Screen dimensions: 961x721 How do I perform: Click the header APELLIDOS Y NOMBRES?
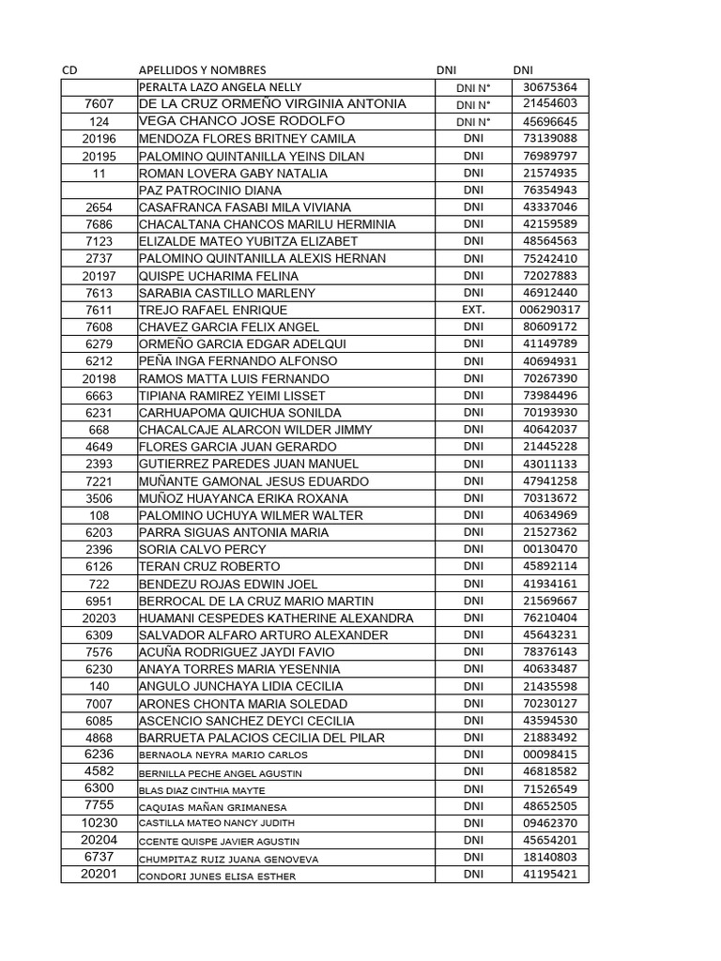pyautogui.click(x=202, y=70)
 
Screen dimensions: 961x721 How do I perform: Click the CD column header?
pyautogui.click(x=69, y=70)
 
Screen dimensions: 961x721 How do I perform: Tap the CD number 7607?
pyautogui.click(x=99, y=104)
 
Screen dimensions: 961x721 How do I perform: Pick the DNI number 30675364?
pyautogui.click(x=550, y=87)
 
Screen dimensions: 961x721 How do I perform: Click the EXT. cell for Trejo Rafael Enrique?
pyautogui.click(x=473, y=310)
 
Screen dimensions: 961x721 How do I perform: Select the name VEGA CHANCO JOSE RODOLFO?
pyautogui.click(x=241, y=122)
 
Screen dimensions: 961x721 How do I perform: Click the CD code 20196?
pyautogui.click(x=99, y=139)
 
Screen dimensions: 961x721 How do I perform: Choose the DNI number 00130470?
pyautogui.click(x=550, y=549)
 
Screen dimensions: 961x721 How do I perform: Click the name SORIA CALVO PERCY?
pyautogui.click(x=202, y=549)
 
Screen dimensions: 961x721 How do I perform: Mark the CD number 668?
pyautogui.click(x=99, y=430)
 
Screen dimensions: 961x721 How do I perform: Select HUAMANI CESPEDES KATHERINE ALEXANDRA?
pyautogui.click(x=276, y=618)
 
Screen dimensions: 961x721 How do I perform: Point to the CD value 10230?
pyautogui.click(x=99, y=822)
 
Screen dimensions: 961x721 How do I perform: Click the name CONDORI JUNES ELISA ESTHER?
pyautogui.click(x=217, y=877)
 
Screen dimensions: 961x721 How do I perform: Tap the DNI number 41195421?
pyautogui.click(x=550, y=875)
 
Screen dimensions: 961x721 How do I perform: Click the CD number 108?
pyautogui.click(x=99, y=515)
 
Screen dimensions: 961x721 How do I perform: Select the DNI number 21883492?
pyautogui.click(x=550, y=738)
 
